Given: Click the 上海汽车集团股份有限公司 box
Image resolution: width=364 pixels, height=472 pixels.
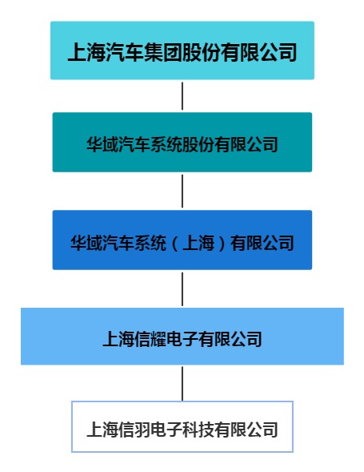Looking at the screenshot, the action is (x=182, y=50).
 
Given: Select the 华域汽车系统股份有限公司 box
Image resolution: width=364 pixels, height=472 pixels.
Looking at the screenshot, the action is (x=182, y=142).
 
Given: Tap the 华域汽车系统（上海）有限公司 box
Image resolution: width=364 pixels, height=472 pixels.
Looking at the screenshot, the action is (x=182, y=240).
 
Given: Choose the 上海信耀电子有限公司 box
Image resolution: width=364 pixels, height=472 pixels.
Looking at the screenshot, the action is (x=182, y=337).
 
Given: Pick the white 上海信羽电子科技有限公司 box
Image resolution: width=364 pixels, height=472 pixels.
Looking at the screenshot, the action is (x=182, y=426).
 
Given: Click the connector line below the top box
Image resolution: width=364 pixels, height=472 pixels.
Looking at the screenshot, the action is (x=182, y=96).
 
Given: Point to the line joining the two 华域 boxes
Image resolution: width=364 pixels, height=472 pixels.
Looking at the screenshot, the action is (x=182, y=192).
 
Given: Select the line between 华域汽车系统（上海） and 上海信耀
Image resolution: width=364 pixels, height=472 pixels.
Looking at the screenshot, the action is (x=182, y=289).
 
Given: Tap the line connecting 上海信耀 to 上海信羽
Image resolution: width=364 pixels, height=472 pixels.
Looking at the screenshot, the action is (x=182, y=384).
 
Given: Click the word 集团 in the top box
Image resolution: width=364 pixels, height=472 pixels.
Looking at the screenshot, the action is (x=163, y=52).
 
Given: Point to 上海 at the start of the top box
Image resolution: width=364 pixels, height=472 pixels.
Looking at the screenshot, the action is (x=86, y=52).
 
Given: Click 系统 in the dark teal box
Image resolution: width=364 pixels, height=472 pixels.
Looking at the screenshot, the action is (x=166, y=144).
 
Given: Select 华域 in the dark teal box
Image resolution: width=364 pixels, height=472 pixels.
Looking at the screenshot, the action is (x=102, y=144).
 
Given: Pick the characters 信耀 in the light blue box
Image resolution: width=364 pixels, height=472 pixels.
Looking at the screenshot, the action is (x=150, y=339).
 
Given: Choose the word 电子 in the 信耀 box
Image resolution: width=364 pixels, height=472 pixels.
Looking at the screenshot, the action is (x=182, y=339).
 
